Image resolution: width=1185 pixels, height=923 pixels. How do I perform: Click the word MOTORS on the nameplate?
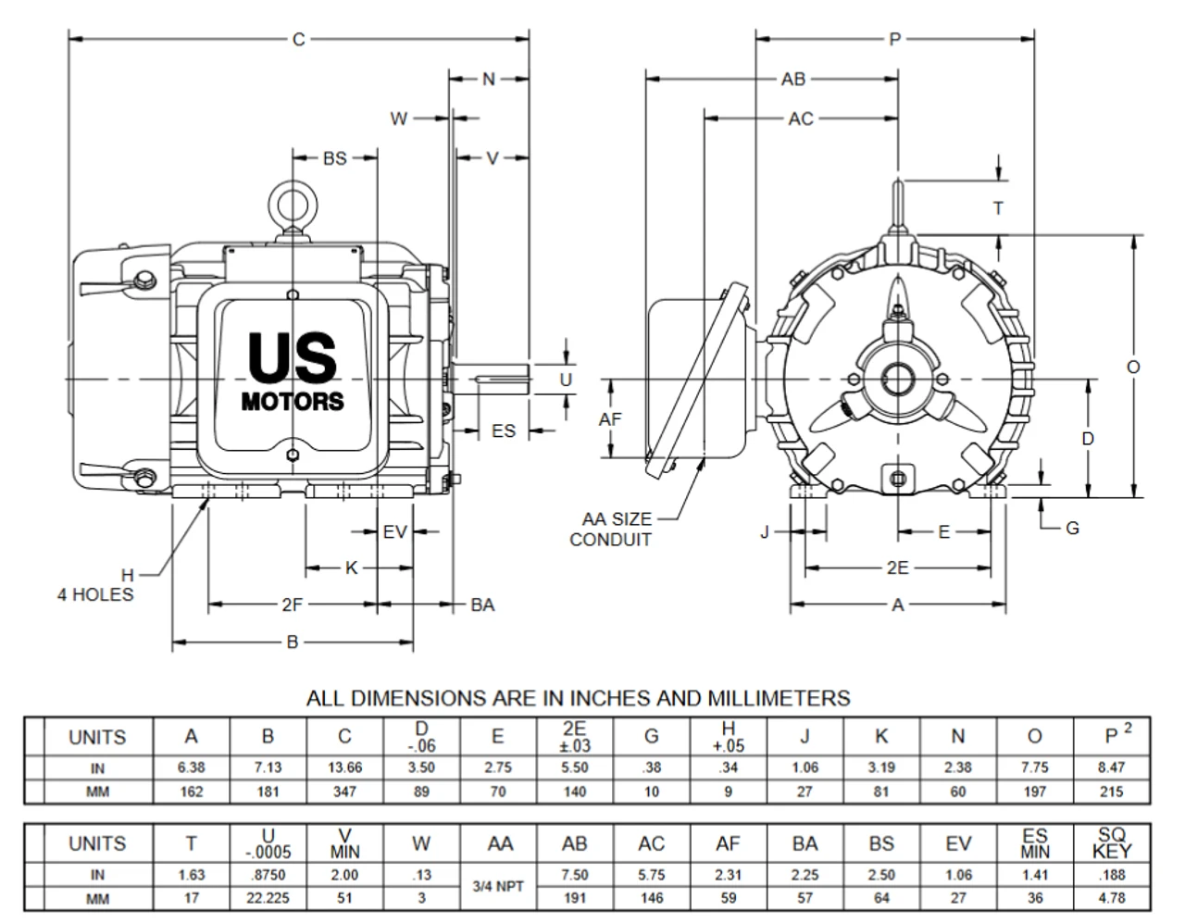tap(293, 402)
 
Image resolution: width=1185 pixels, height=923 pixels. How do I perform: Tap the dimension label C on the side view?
tap(298, 40)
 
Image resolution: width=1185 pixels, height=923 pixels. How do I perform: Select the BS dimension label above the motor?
tap(334, 158)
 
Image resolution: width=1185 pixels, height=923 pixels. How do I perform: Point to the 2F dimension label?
tap(293, 605)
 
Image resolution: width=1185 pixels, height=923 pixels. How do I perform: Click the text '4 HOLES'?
tap(95, 594)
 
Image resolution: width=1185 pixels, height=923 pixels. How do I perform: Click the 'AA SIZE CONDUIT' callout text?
tap(612, 530)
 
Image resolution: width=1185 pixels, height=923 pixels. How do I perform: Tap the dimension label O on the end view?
tap(1133, 367)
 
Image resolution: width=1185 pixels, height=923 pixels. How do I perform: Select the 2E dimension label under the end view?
tap(897, 568)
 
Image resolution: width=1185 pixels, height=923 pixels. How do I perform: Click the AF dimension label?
tap(610, 419)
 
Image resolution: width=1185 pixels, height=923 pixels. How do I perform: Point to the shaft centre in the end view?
tap(897, 379)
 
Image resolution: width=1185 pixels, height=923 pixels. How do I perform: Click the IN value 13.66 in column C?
tap(344, 767)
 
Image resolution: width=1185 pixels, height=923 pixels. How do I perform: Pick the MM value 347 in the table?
tap(344, 792)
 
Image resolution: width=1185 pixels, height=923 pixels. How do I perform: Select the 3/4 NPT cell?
tap(498, 886)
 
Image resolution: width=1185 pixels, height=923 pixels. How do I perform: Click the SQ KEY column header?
tap(1112, 843)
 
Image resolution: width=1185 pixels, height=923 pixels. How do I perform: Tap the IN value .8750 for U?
tap(268, 874)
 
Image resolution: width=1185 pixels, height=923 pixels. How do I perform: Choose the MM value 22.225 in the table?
tap(268, 898)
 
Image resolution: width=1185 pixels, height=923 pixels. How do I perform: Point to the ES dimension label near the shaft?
tap(503, 431)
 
